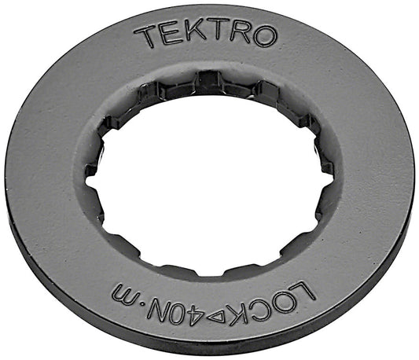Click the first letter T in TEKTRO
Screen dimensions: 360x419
tap(145, 36)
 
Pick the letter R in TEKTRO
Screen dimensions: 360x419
tap(234, 34)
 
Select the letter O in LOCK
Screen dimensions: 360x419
tap(290, 301)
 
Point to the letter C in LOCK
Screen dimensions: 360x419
tap(272, 309)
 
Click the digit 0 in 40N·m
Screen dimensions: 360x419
tap(206, 323)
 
